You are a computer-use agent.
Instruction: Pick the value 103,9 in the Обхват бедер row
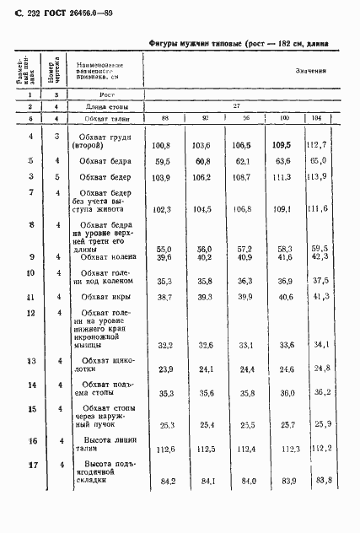point(164,178)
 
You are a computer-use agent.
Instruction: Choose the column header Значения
point(310,71)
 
